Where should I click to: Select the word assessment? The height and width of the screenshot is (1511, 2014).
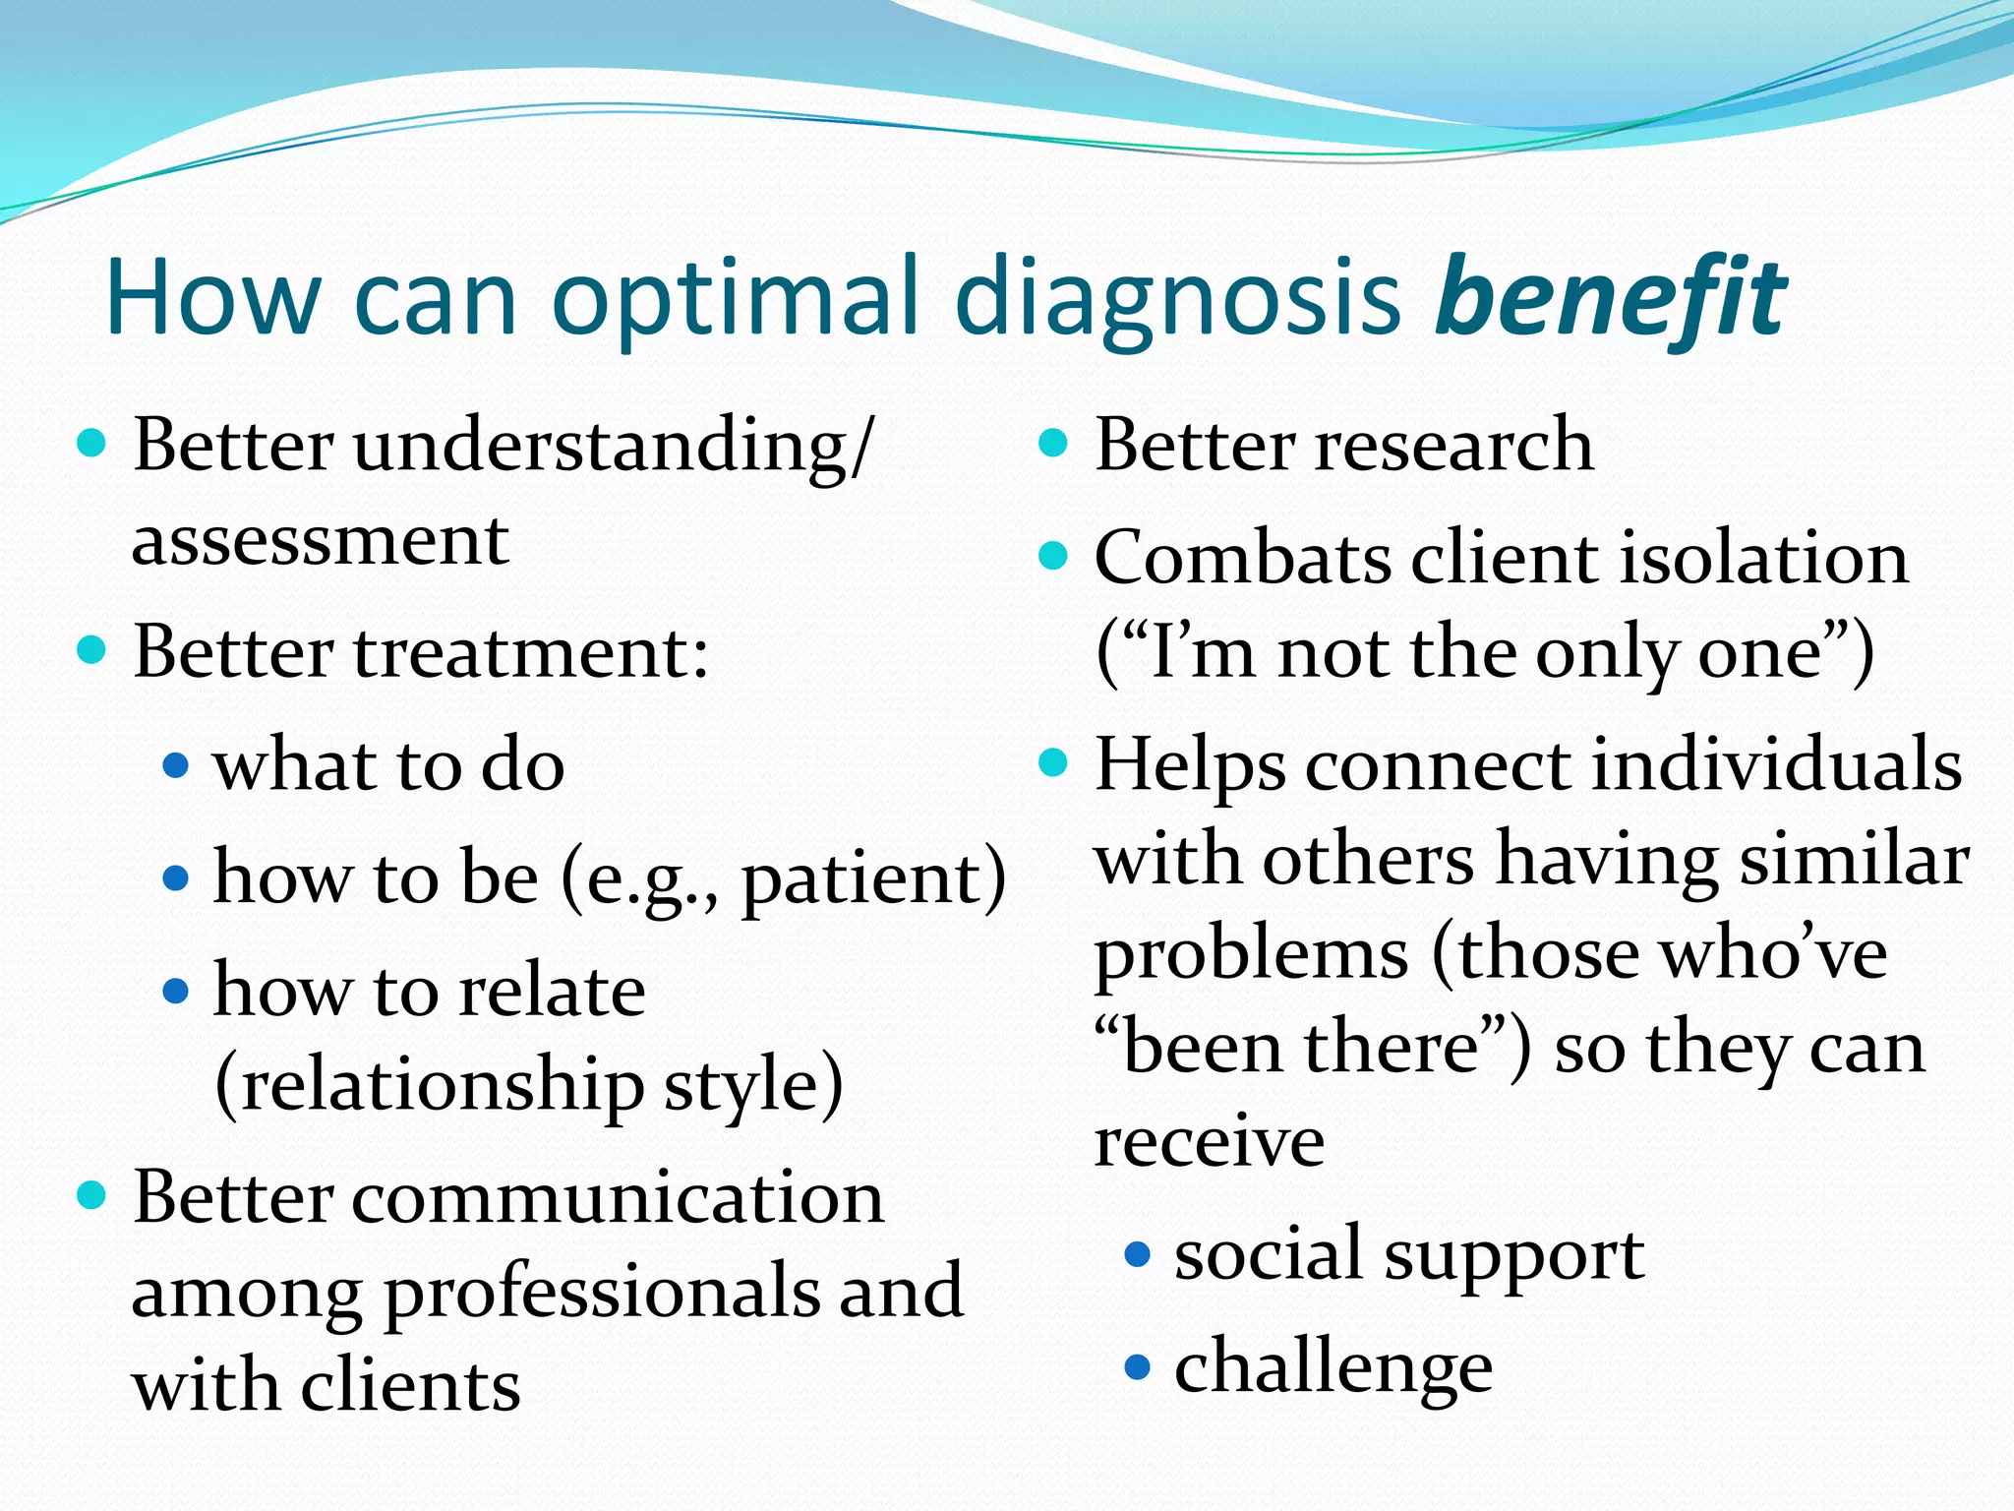tap(320, 541)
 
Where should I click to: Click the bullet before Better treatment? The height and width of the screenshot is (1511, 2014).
tap(91, 650)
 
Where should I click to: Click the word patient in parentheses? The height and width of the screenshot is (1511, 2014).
tap(860, 877)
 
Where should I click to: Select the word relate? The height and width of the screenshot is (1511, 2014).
tap(552, 990)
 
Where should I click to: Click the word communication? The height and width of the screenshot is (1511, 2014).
tap(618, 1198)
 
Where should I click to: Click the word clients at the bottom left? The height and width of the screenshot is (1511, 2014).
tap(410, 1385)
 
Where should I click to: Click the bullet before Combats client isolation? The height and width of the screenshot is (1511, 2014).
tap(1052, 556)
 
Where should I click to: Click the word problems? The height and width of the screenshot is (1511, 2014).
tap(1252, 955)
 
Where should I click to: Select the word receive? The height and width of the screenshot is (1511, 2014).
tap(1209, 1141)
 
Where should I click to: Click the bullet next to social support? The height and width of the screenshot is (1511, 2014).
tap(1137, 1254)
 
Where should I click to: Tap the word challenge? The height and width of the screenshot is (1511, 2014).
tap(1333, 1368)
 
